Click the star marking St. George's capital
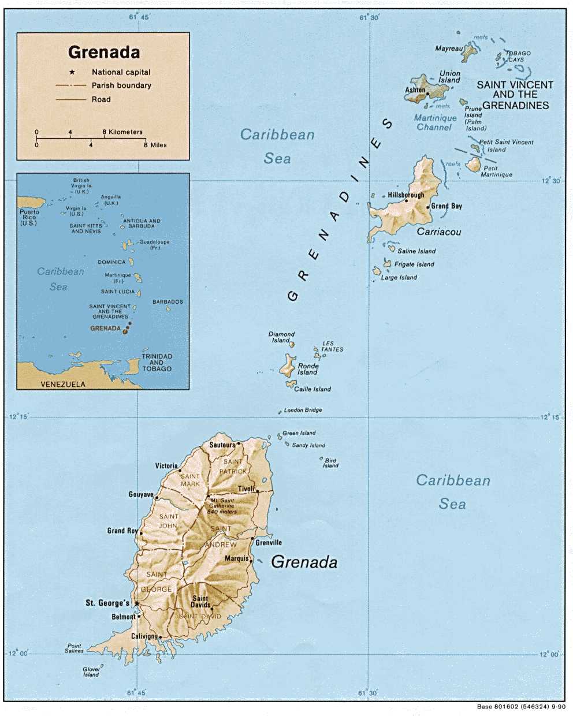pyautogui.click(x=137, y=603)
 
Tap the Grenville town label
pyautogui.click(x=269, y=543)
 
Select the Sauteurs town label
pyautogui.click(x=222, y=445)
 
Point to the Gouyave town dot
pyautogui.click(x=157, y=497)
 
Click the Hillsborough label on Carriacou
pyautogui.click(x=405, y=195)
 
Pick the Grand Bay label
pyautogui.click(x=447, y=206)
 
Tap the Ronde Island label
pyautogui.click(x=308, y=369)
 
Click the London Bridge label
pyautogui.click(x=303, y=410)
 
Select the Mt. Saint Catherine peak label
pyautogui.click(x=222, y=506)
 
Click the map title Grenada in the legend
pyautogui.click(x=104, y=53)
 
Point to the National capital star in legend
pyautogui.click(x=72, y=72)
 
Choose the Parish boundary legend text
pyautogui.click(x=121, y=85)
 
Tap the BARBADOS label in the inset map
pyautogui.click(x=168, y=302)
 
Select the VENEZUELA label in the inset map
pyautogui.click(x=62, y=384)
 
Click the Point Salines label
pyautogui.click(x=75, y=648)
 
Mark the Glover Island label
pyautogui.click(x=91, y=672)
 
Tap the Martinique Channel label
pyautogui.click(x=435, y=122)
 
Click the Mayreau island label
pyautogui.click(x=449, y=49)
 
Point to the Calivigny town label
pyautogui.click(x=144, y=636)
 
